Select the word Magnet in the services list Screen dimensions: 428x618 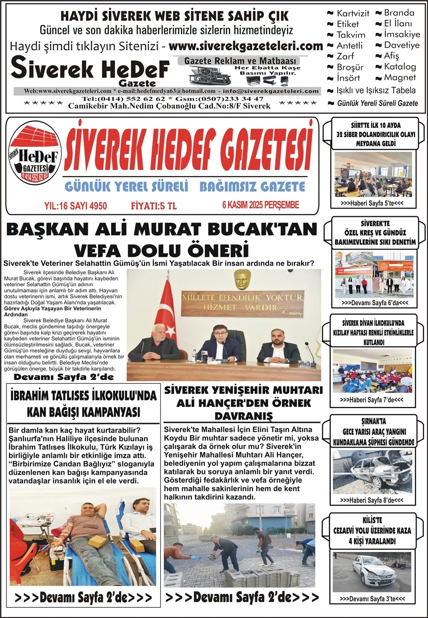coord(399,77)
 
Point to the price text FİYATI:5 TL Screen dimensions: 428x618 coord(154,206)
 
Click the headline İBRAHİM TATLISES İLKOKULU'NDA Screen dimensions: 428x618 coord(83,396)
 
